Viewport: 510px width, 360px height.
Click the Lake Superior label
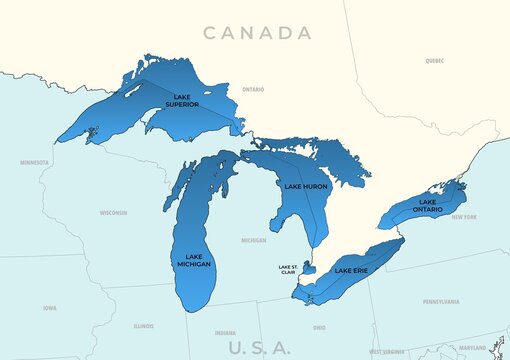click(181, 101)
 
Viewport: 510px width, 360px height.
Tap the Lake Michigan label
click(194, 259)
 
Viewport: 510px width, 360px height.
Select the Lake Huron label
click(306, 187)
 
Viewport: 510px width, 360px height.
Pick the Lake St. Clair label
click(288, 269)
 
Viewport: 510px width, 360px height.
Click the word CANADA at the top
click(257, 33)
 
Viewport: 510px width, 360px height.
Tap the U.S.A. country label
click(259, 347)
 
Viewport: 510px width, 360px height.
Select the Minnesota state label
click(34, 162)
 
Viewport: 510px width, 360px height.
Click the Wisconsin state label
click(113, 213)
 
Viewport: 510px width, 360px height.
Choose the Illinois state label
click(143, 326)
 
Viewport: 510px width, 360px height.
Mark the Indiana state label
click(225, 333)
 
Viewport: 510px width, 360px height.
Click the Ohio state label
click(319, 327)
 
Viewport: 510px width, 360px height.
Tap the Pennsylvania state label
click(441, 301)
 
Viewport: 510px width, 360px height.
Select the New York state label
click(464, 217)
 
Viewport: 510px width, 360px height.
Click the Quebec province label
click(434, 60)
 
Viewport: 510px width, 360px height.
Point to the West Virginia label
click(387, 352)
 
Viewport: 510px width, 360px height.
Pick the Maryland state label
click(472, 348)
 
